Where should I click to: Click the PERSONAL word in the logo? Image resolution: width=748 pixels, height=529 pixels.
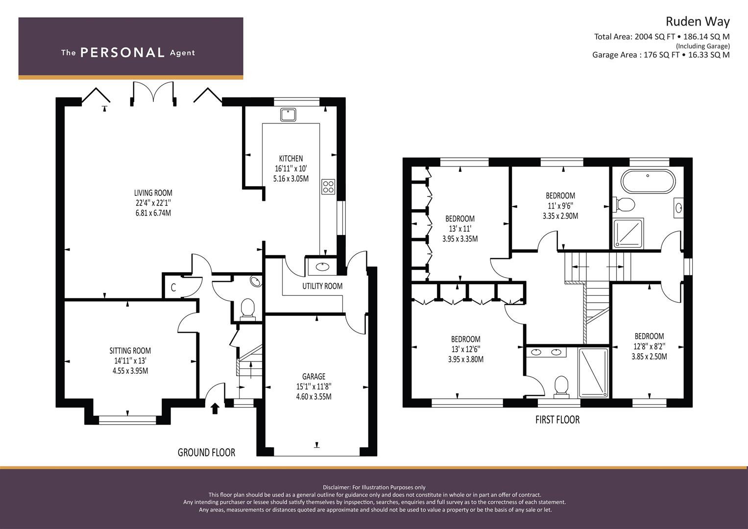pos(122,53)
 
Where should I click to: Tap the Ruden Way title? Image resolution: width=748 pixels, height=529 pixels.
pos(697,22)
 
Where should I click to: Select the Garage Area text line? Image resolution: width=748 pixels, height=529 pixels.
pos(660,55)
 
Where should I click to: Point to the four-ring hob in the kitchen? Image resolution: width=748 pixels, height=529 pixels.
pos(328,187)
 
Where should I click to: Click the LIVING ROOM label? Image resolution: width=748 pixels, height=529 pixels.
pos(153,193)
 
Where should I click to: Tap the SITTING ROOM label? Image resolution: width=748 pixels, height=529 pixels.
pos(130,351)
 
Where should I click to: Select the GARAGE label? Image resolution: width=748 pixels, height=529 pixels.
pos(314,377)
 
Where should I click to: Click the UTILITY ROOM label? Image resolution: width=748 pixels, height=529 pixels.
pos(322,286)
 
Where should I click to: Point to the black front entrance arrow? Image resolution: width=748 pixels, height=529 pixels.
pos(215,408)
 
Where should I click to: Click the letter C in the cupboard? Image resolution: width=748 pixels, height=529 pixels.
pos(173,288)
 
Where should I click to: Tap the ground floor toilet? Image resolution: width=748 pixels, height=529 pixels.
pos(248,309)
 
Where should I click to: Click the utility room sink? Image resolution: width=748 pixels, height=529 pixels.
pos(322,267)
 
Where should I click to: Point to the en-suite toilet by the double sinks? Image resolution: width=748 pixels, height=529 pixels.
pos(560,385)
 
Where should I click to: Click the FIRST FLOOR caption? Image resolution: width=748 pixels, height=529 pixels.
pos(557,420)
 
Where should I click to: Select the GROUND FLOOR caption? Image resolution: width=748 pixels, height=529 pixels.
pos(206,453)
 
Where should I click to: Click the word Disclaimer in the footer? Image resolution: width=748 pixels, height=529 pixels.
pos(337,487)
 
